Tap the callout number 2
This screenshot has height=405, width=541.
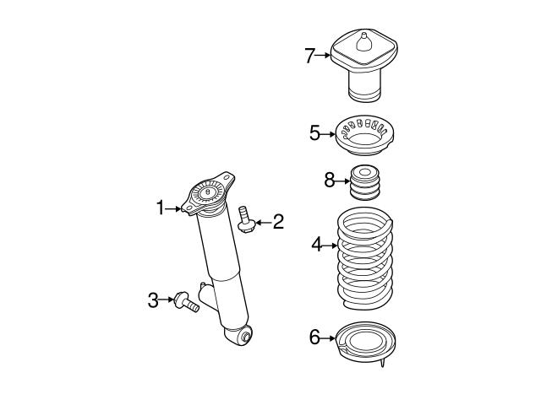[x=278, y=223]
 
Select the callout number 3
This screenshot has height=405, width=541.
[x=153, y=299]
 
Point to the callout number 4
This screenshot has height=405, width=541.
[x=316, y=245]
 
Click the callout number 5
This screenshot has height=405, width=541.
[x=314, y=133]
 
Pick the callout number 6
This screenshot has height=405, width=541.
[x=314, y=337]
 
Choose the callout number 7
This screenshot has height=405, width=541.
[x=309, y=57]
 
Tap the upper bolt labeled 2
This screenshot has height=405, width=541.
[x=246, y=219]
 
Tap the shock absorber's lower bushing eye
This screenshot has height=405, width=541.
[x=246, y=337]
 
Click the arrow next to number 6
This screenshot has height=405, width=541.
[x=329, y=337]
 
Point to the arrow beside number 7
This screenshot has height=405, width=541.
[x=324, y=57]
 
